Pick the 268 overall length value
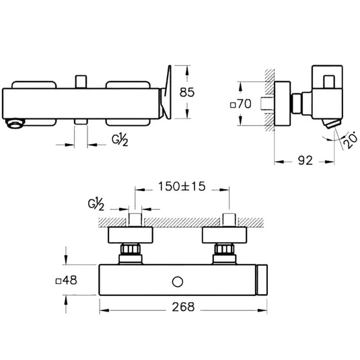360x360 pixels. coord(183,307)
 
